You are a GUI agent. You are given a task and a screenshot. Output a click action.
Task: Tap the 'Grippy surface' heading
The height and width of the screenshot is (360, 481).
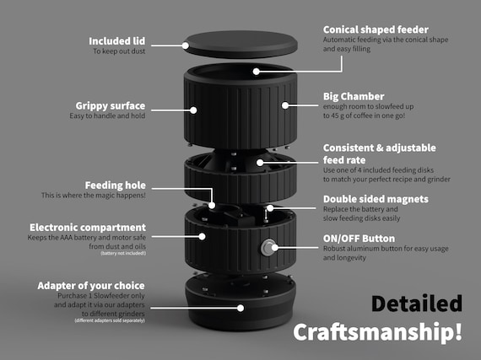point(111,105)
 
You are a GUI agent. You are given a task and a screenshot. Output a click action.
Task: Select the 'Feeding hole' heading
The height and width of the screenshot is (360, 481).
point(116,185)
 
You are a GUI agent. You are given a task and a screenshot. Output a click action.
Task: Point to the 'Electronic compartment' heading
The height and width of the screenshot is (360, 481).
point(88,228)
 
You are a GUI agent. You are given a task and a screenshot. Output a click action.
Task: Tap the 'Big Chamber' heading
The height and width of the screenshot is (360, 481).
point(354,95)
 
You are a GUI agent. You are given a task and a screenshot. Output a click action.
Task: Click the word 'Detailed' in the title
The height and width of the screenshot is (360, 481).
point(417,303)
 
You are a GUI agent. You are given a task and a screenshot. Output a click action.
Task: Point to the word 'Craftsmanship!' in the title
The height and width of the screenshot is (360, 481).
point(377,331)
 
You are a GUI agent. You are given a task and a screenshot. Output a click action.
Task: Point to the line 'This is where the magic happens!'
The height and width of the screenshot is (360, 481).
point(93,196)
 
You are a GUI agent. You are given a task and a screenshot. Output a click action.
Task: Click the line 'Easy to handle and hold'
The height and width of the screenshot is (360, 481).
point(107,116)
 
